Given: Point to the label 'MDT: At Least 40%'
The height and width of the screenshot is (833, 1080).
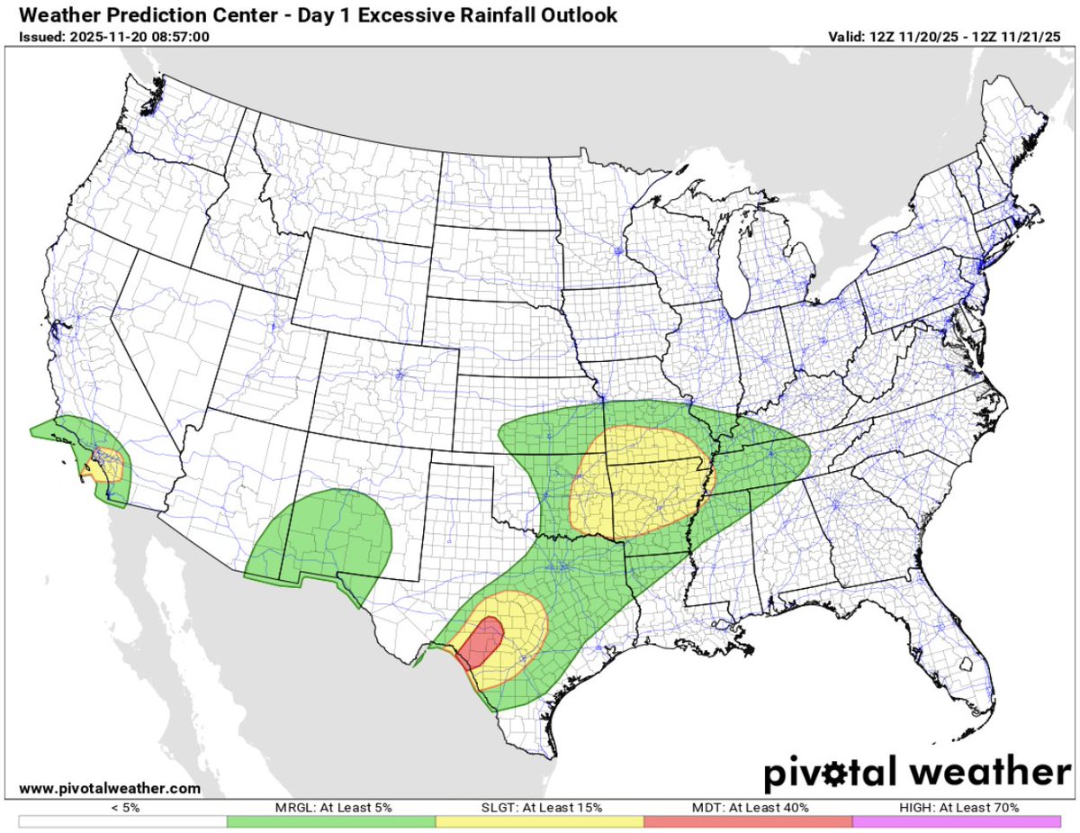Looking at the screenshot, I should click(x=748, y=808).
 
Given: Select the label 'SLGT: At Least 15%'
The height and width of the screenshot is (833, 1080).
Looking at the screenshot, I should click(x=540, y=808).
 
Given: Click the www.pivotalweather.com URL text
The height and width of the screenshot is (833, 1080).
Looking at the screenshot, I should click(x=109, y=788).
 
